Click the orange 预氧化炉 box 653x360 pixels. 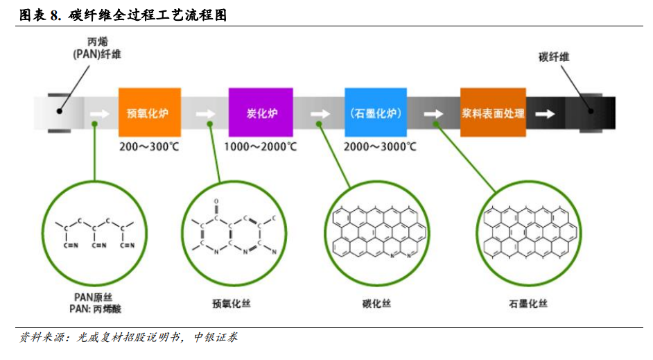click(x=150, y=112)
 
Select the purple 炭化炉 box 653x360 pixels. click(x=261, y=112)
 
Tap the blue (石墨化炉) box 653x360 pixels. click(x=376, y=112)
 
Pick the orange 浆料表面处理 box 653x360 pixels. click(x=493, y=112)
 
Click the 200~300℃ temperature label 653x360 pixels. click(x=149, y=146)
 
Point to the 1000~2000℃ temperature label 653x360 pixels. click(x=261, y=146)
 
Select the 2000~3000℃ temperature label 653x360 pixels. click(x=380, y=146)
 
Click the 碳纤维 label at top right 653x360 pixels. click(x=553, y=57)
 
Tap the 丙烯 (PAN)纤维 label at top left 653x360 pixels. click(x=97, y=48)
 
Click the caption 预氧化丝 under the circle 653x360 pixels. click(x=232, y=304)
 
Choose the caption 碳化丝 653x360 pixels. click(x=376, y=304)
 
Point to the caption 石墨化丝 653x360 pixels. click(x=528, y=304)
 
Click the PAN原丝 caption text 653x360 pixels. click(x=94, y=297)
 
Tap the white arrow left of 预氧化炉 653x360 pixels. click(x=100, y=113)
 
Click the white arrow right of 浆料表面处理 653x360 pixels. click(x=545, y=114)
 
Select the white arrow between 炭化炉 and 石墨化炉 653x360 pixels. click(x=320, y=114)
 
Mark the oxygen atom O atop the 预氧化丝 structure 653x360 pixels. click(x=216, y=202)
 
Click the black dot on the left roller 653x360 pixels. click(x=60, y=111)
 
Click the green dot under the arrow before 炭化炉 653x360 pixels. click(x=210, y=124)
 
